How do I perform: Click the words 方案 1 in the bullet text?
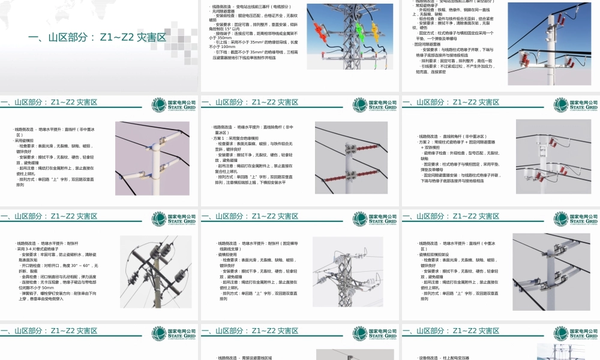coord(221,138)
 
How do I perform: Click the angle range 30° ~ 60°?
coord(79,265)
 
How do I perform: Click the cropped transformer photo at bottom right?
coord(560,352)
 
